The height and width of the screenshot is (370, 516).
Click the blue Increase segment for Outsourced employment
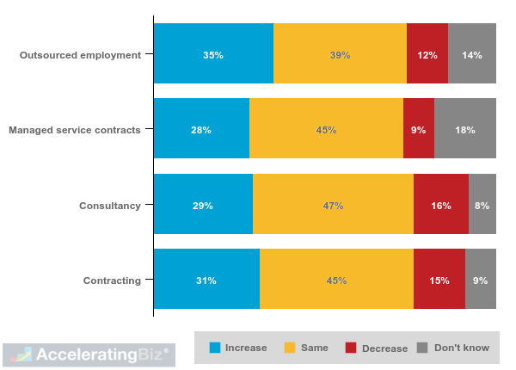tap(213, 53)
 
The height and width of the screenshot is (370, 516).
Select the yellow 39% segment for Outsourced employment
tap(340, 53)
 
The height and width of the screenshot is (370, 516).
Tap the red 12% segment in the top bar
tap(427, 53)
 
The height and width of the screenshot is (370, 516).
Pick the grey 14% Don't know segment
tap(472, 53)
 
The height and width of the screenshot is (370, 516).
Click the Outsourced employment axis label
tap(80, 55)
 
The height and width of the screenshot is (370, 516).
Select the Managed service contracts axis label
tap(74, 130)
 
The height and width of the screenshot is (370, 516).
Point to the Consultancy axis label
tap(109, 206)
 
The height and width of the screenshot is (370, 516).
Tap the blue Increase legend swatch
tap(215, 348)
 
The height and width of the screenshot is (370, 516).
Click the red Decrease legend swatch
tap(351, 348)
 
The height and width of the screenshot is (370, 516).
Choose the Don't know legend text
tap(461, 348)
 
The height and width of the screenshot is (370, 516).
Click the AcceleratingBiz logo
tap(89, 355)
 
